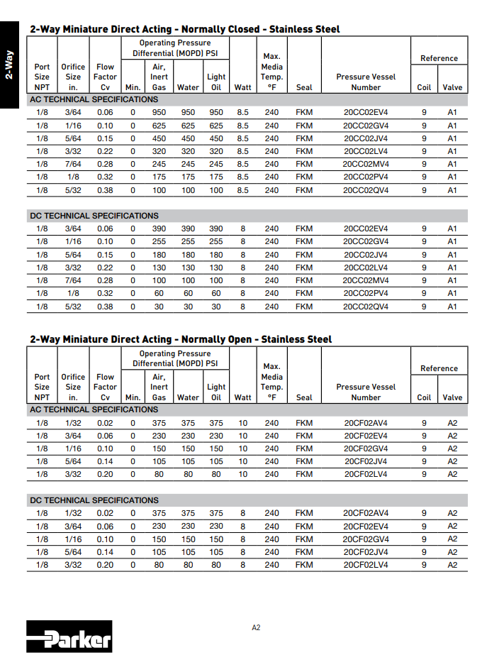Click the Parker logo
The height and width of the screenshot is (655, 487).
(69, 637)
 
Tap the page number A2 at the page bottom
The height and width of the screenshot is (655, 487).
(257, 627)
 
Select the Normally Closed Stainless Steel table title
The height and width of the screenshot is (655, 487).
(184, 29)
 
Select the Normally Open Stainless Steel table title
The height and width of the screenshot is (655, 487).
(181, 339)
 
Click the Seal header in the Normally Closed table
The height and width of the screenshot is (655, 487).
(304, 88)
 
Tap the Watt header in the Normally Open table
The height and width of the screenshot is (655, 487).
(242, 397)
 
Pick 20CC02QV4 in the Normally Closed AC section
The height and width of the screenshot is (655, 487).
(366, 190)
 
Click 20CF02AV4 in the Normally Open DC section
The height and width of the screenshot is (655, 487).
(366, 513)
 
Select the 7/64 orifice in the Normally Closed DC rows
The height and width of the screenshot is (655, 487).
(73, 281)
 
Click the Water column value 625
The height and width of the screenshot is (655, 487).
(188, 126)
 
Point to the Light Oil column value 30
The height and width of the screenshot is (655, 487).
(216, 307)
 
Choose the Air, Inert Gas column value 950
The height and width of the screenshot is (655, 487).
(159, 112)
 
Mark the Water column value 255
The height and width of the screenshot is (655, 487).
(188, 242)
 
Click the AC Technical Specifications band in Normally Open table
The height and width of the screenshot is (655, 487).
(94, 409)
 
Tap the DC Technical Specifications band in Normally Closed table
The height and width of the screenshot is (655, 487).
(94, 216)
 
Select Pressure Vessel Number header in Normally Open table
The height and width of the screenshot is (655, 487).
(366, 392)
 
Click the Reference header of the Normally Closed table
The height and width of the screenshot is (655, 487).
(439, 58)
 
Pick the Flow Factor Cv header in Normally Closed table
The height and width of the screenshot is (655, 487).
(105, 77)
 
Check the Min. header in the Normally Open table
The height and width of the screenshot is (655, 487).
(133, 397)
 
